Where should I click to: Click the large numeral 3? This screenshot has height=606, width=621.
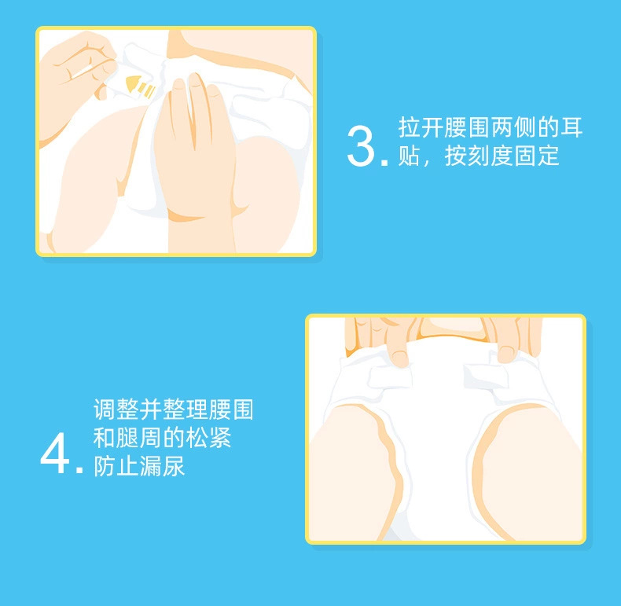pos(360,145)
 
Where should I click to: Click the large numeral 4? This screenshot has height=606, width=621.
pos(55,453)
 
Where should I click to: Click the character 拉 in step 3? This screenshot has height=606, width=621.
pos(409,127)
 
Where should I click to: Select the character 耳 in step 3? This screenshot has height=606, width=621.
pos(571,127)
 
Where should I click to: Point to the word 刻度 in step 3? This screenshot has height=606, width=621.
pos(479,156)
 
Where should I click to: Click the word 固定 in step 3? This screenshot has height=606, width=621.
pos(525,156)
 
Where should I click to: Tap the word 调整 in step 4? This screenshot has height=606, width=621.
pos(116,410)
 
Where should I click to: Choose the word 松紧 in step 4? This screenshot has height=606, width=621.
pos(208,438)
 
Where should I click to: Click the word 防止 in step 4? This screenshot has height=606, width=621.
pos(116,466)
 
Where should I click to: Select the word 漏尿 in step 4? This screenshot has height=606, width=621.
pos(162,466)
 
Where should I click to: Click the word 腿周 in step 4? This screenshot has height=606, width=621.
pos(138,438)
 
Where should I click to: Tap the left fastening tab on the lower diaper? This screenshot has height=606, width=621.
pos(389,377)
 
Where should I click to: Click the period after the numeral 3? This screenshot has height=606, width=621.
pos(384,162)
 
